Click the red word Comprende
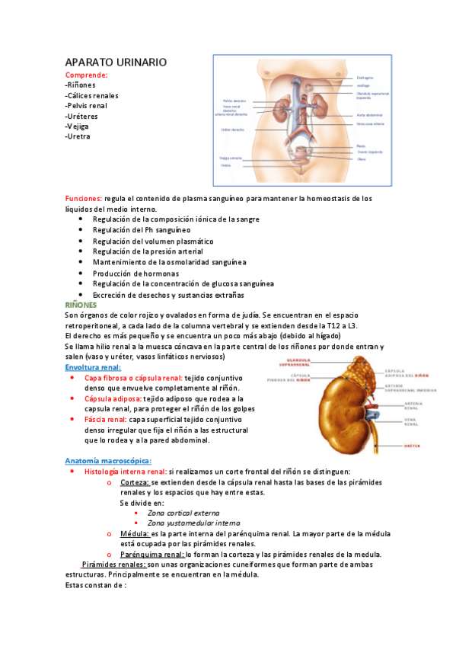click(86, 75)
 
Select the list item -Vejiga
click(79, 126)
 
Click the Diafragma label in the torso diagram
click(365, 78)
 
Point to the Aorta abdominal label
click(369, 115)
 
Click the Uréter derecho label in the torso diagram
click(233, 130)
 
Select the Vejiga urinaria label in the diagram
click(231, 158)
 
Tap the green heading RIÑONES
click(81, 305)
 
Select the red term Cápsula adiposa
click(113, 398)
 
